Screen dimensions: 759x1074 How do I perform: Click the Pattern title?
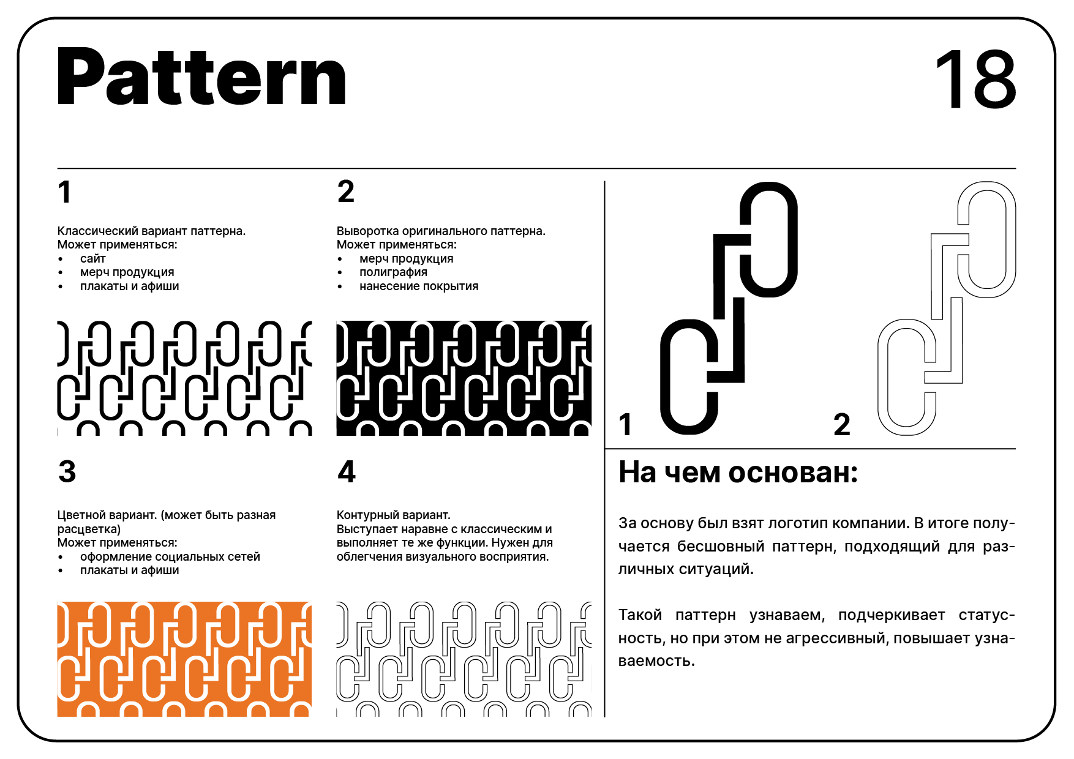(x=201, y=78)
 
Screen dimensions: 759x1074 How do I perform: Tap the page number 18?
(x=975, y=80)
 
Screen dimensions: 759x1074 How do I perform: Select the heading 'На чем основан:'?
(x=738, y=473)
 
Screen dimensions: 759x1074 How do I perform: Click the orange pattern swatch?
(x=184, y=659)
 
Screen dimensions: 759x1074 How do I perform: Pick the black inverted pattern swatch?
(x=464, y=378)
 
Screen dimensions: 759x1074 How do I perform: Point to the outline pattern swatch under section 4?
(x=464, y=659)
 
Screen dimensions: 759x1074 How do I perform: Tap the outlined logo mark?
(x=947, y=308)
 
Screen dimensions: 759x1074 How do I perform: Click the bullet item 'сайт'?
(x=93, y=259)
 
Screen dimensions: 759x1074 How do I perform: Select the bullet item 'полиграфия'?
(x=393, y=272)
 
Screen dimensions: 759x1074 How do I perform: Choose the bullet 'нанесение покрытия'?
(x=419, y=286)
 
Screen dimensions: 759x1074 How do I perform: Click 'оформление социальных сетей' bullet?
(x=170, y=557)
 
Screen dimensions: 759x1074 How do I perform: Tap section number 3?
(x=67, y=472)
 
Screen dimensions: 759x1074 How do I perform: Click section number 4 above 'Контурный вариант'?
(x=347, y=472)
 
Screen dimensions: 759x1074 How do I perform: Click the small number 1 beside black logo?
(x=625, y=425)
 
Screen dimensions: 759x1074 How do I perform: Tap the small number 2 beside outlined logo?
(x=842, y=425)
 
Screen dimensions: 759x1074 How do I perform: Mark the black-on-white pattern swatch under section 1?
(x=184, y=378)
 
